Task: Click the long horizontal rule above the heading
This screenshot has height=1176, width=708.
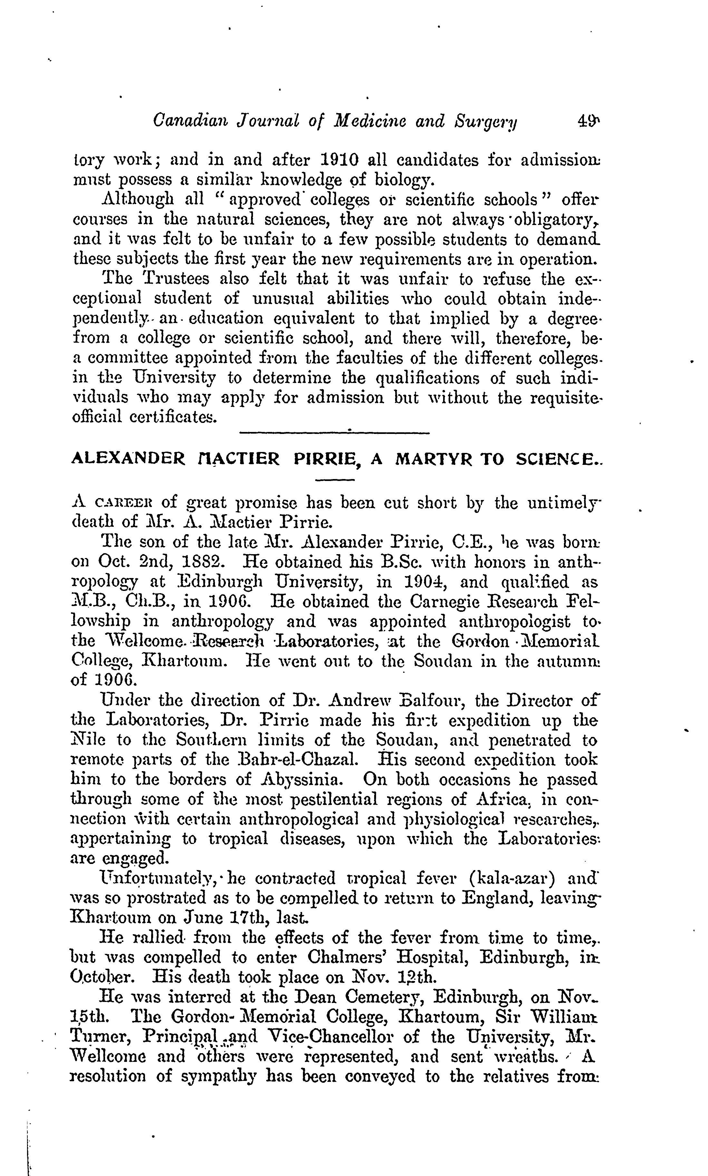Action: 334,432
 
